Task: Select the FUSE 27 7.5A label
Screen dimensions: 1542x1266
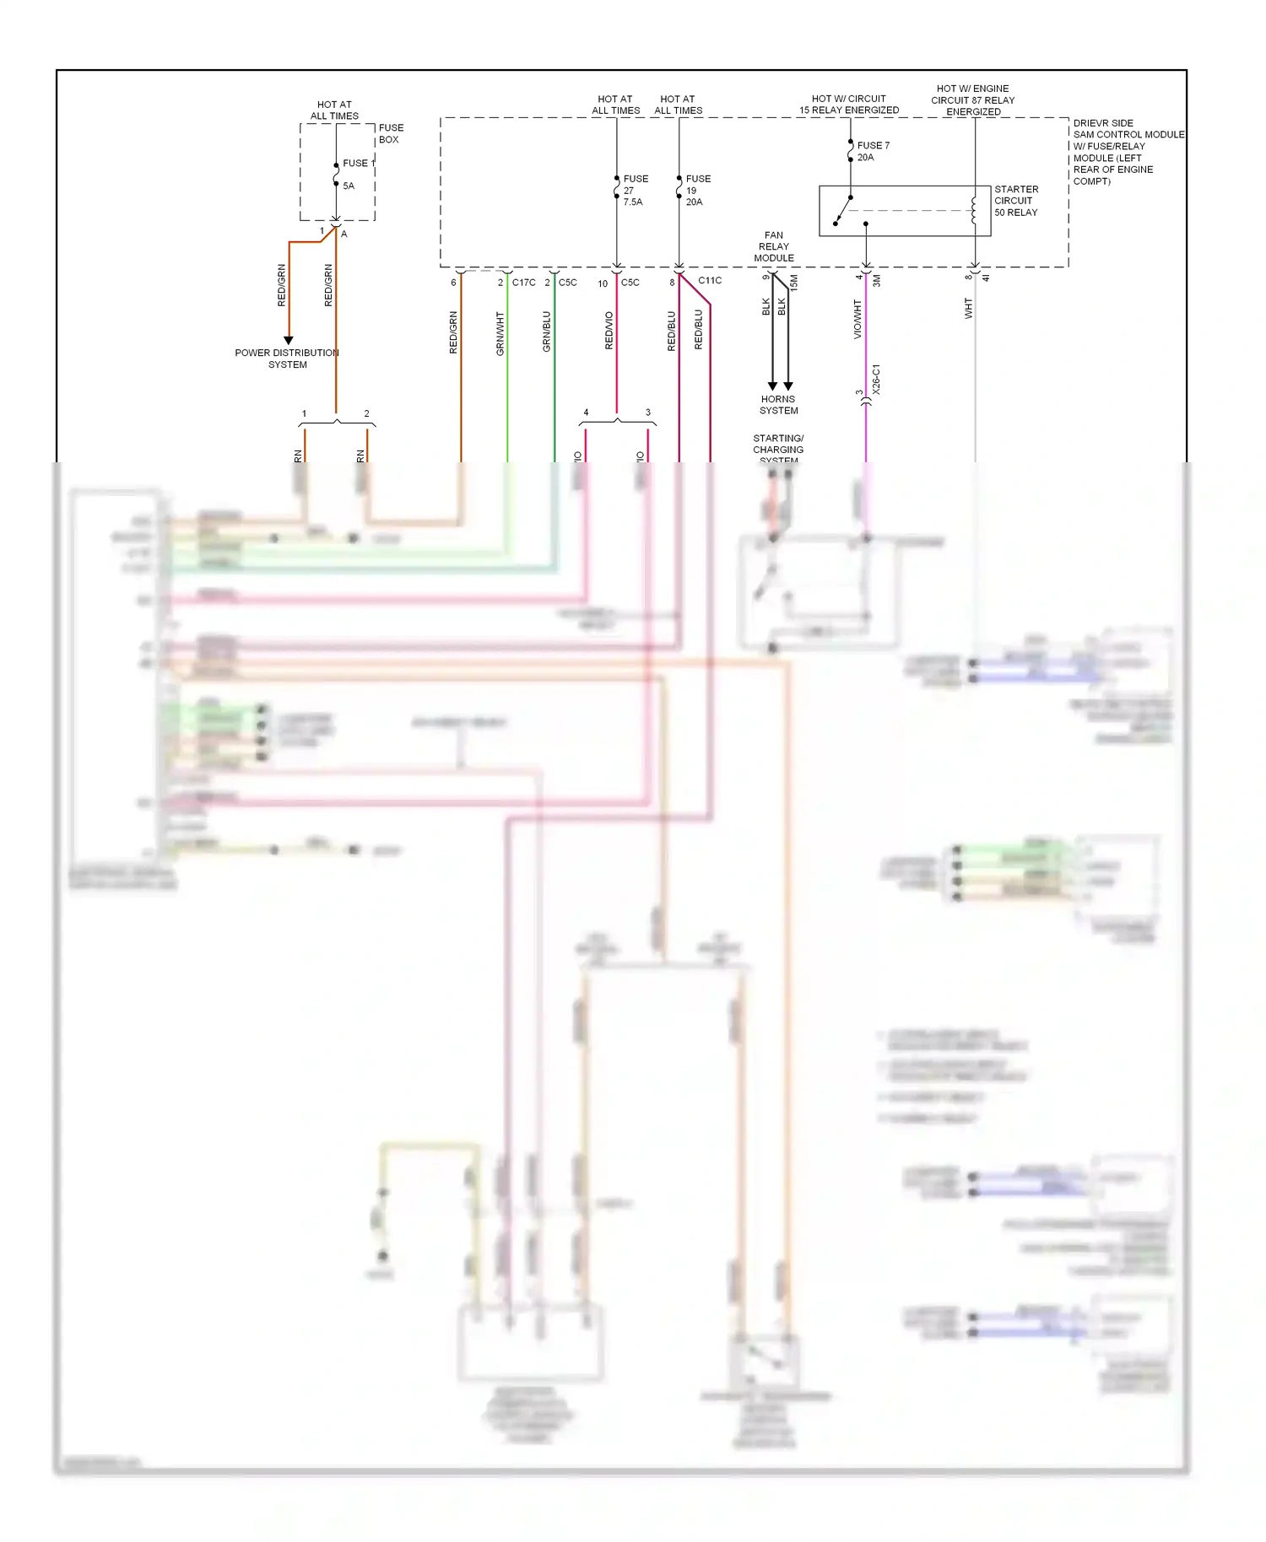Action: point(635,191)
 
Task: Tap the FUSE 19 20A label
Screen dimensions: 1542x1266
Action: point(697,191)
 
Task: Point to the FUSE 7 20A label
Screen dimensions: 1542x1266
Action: point(872,151)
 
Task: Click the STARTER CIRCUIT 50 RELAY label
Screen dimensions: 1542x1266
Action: point(1015,201)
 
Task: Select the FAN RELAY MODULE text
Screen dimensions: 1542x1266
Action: point(773,246)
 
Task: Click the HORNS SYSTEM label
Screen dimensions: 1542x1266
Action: point(778,405)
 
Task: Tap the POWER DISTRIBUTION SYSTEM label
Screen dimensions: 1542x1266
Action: point(287,359)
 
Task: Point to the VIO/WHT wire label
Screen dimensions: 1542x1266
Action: point(858,319)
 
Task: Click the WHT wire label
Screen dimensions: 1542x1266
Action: point(968,308)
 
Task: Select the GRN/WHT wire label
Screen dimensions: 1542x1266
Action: point(500,333)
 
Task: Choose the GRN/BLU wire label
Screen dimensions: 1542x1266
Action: point(546,332)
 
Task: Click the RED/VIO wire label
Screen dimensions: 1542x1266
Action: point(609,331)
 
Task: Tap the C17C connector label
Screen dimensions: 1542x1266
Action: point(523,283)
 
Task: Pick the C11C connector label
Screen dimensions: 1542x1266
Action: point(709,280)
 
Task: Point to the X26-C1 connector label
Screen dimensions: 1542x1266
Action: point(876,380)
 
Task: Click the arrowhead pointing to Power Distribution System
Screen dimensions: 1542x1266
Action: point(289,340)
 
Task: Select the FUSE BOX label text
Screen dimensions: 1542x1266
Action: point(390,133)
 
